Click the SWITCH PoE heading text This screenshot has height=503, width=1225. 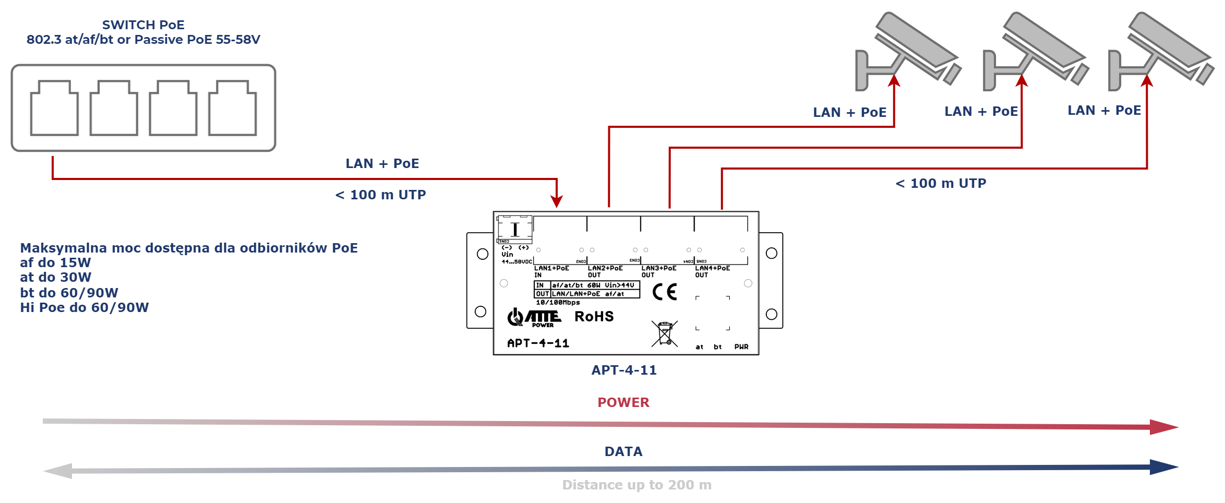click(x=143, y=25)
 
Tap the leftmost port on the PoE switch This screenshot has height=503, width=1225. click(x=54, y=108)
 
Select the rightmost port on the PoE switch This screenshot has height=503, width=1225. click(x=233, y=108)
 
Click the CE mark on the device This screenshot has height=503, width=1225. click(x=665, y=292)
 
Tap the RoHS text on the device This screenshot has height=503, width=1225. click(x=594, y=317)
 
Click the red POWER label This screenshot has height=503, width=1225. click(x=623, y=402)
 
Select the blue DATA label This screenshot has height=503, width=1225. click(x=623, y=451)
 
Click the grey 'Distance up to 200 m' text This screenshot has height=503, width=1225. click(x=636, y=485)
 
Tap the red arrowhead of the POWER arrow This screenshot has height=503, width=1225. click(x=1163, y=427)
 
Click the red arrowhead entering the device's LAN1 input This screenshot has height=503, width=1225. click(x=557, y=201)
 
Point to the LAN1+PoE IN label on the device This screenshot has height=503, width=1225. click(x=551, y=271)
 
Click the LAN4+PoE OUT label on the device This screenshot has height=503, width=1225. click(x=712, y=271)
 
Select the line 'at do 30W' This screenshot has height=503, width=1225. click(x=56, y=277)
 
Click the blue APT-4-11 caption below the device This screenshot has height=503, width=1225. click(x=624, y=370)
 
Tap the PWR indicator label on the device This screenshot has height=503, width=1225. click(x=741, y=347)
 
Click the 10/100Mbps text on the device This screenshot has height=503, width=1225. click(x=558, y=303)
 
